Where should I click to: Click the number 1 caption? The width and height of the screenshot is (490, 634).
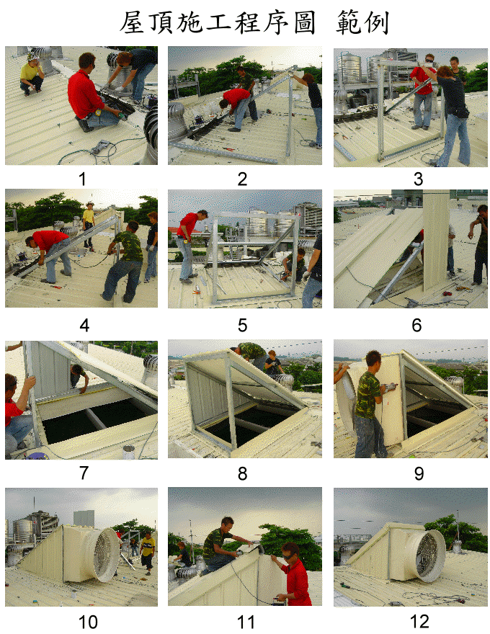coord(82,179)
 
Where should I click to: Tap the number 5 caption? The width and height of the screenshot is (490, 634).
coord(242,325)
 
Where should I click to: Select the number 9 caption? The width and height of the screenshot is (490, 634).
coord(419,473)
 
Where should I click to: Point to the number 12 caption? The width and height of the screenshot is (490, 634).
coord(419,622)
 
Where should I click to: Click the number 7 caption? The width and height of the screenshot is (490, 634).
coord(84,473)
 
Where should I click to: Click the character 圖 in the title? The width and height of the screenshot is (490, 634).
coord(304,22)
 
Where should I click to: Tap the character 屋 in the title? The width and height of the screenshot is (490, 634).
coord(132,22)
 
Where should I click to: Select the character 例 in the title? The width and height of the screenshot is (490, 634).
coord(376,22)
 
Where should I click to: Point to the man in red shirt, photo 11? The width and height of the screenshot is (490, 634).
coord(295,574)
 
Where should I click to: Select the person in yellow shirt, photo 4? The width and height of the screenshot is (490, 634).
coord(89,224)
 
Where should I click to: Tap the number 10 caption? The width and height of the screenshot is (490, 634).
coord(88,622)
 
